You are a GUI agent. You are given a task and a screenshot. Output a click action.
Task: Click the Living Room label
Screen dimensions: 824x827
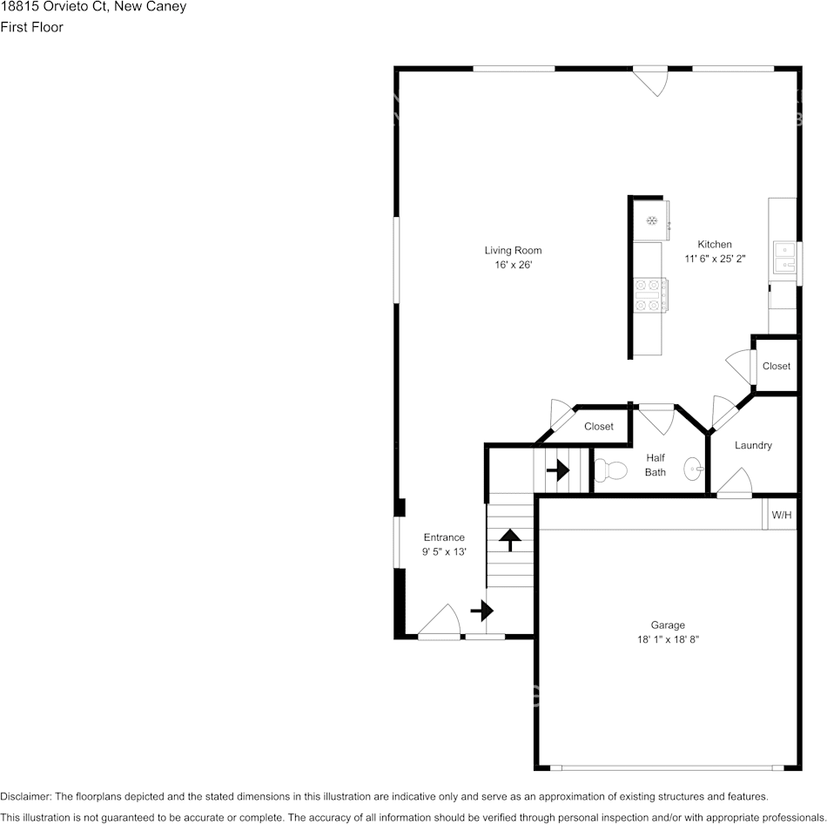(x=513, y=251)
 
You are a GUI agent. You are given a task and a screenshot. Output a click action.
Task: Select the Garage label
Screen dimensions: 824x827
(x=668, y=625)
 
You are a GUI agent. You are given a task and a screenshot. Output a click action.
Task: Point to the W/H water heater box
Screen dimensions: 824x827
(x=781, y=515)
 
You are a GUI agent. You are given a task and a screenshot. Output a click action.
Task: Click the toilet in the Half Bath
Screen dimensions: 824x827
(x=612, y=471)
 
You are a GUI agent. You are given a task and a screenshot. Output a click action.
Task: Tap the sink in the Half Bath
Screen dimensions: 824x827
(x=693, y=469)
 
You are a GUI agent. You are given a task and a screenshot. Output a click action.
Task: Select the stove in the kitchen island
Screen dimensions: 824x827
(x=651, y=294)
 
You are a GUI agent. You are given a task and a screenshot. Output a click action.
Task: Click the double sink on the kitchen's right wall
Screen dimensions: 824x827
(x=786, y=255)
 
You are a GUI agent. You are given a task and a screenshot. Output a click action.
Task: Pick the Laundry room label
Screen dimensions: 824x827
(x=753, y=445)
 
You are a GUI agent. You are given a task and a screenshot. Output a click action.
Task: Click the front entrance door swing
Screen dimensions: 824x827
(x=440, y=622)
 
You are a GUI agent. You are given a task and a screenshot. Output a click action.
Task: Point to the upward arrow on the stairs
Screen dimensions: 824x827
(x=509, y=540)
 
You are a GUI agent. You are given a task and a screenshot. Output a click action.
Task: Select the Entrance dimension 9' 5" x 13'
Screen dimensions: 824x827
(x=444, y=551)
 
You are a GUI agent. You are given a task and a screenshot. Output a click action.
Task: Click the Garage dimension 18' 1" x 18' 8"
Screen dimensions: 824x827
(x=668, y=639)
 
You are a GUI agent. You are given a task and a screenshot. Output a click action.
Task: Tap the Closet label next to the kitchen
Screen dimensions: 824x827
(x=776, y=366)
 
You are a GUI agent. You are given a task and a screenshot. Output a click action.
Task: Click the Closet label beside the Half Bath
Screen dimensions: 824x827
(x=598, y=426)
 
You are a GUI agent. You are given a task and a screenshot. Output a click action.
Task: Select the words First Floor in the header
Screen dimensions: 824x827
(x=31, y=27)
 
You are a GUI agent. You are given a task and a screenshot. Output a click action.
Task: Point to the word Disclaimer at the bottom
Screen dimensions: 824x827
(x=25, y=796)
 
